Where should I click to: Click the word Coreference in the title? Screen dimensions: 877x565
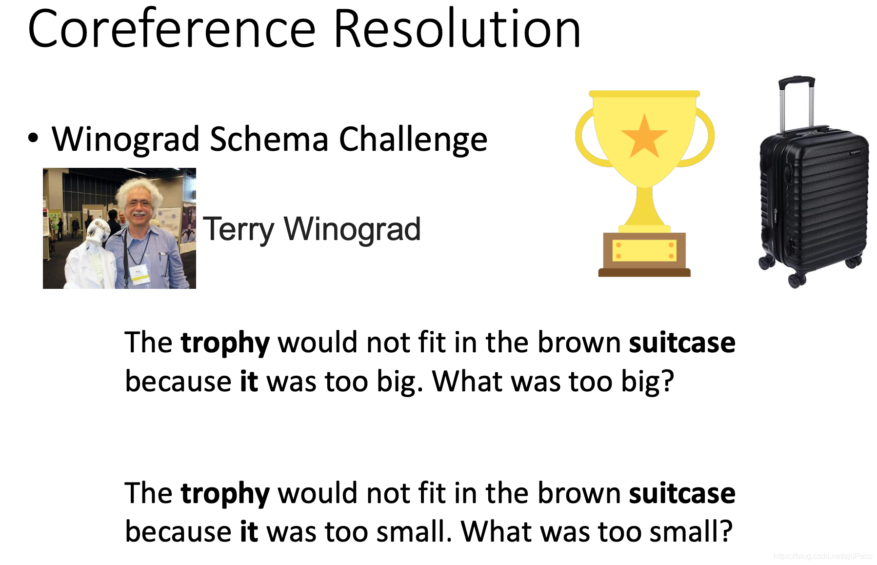[x=172, y=29]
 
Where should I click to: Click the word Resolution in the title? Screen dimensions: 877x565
[x=457, y=29]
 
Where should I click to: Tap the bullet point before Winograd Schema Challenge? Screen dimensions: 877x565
[x=33, y=138]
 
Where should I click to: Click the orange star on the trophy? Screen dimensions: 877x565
[x=644, y=136]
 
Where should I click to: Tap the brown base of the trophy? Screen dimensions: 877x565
[x=644, y=272]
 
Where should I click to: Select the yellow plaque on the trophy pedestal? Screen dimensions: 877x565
[x=644, y=250]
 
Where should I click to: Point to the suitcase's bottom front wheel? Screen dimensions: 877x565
[x=797, y=280]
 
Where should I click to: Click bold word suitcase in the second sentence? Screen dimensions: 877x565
[x=682, y=493]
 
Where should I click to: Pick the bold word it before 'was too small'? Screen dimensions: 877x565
[x=249, y=531]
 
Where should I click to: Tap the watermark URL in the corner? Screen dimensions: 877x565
[x=823, y=556]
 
